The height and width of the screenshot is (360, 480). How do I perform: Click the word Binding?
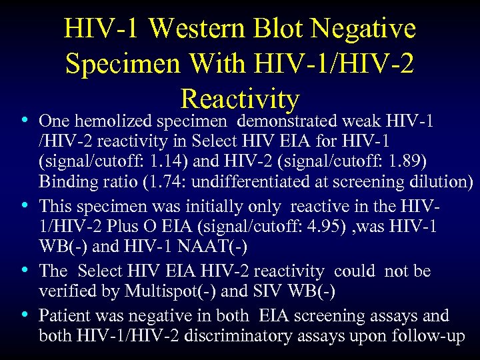65,182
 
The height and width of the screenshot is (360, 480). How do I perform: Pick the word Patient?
64,315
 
